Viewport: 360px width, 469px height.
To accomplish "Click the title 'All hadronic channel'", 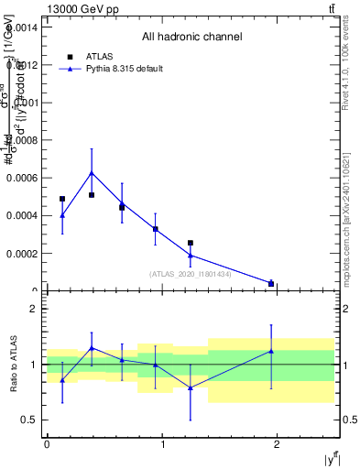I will click(x=191, y=38).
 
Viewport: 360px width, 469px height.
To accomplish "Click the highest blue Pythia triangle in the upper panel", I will click(x=92, y=172).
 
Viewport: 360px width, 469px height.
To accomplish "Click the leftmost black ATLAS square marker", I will click(x=62, y=199).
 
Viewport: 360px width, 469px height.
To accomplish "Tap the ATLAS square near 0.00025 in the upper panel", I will click(x=191, y=243).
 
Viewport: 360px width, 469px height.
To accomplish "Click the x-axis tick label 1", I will click(x=162, y=444).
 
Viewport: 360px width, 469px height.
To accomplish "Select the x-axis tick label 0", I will click(x=47, y=444).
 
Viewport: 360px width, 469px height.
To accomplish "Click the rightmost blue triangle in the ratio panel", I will click(x=271, y=351).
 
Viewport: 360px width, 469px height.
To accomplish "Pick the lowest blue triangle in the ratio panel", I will click(x=191, y=388).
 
